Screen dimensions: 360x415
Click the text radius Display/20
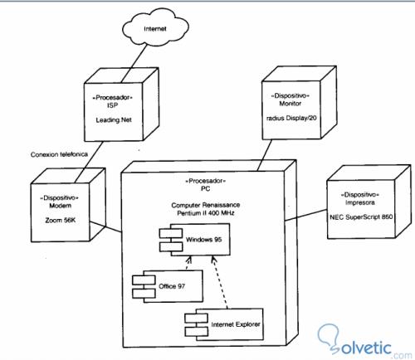291,116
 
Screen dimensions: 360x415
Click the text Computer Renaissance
204,203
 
